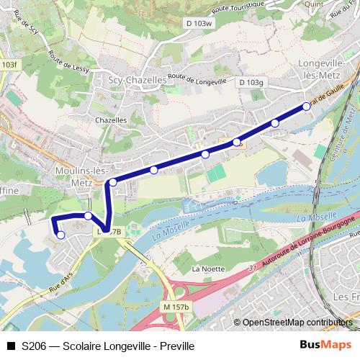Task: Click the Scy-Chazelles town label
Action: [136, 81]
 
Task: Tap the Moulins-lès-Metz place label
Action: [81, 176]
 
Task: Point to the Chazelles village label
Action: [111, 120]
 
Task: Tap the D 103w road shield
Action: [201, 24]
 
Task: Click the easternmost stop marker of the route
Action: [307, 107]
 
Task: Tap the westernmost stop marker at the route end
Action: [60, 235]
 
